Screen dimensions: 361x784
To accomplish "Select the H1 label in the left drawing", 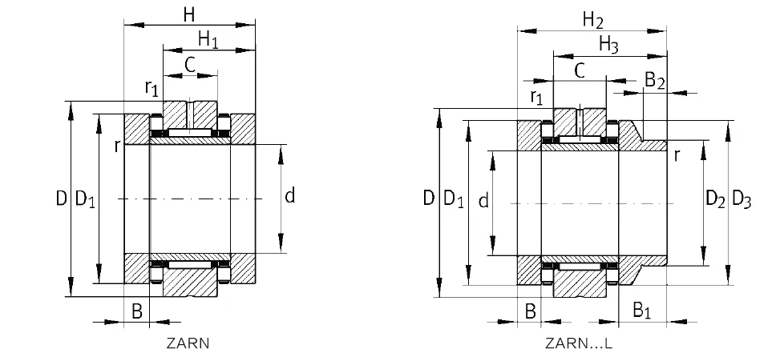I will tap(208, 38).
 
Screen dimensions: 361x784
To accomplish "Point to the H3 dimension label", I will tap(609, 46).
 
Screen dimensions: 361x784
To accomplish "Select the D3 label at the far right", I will tap(742, 201).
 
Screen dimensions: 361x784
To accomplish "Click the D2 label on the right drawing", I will tap(715, 201).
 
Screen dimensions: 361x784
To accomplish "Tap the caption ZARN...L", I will tap(578, 344).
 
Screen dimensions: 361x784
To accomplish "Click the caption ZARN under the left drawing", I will tap(188, 344).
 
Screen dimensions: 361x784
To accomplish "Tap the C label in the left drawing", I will tap(190, 65).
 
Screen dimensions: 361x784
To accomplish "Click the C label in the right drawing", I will tap(579, 70).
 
